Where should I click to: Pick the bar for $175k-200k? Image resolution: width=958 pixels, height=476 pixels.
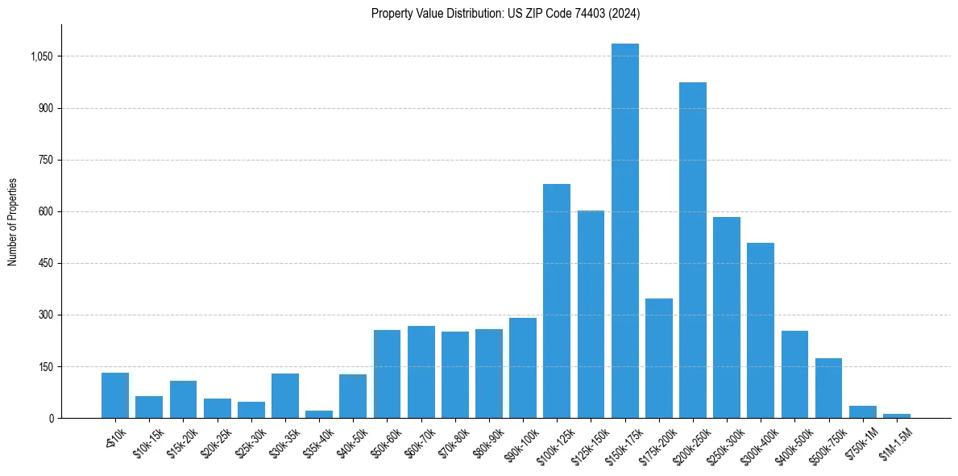point(658,358)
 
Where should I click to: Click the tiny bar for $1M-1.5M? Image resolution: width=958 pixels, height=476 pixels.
point(897,415)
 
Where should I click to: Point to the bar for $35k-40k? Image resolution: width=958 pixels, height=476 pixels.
point(319,414)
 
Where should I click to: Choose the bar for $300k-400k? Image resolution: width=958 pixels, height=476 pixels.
point(761,330)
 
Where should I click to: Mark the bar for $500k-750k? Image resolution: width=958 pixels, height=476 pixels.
point(828,388)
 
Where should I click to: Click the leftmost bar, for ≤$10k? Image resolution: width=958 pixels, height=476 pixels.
point(115,395)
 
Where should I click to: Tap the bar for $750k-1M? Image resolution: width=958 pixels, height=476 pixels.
point(862,411)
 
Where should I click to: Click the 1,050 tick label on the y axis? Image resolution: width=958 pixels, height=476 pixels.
point(40,56)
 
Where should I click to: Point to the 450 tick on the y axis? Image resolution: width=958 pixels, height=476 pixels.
point(44,263)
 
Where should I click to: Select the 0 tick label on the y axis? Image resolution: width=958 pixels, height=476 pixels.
point(50,418)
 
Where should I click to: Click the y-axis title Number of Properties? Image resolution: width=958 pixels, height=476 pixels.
point(12,222)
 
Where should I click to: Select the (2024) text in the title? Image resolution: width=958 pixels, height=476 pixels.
point(625,13)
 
